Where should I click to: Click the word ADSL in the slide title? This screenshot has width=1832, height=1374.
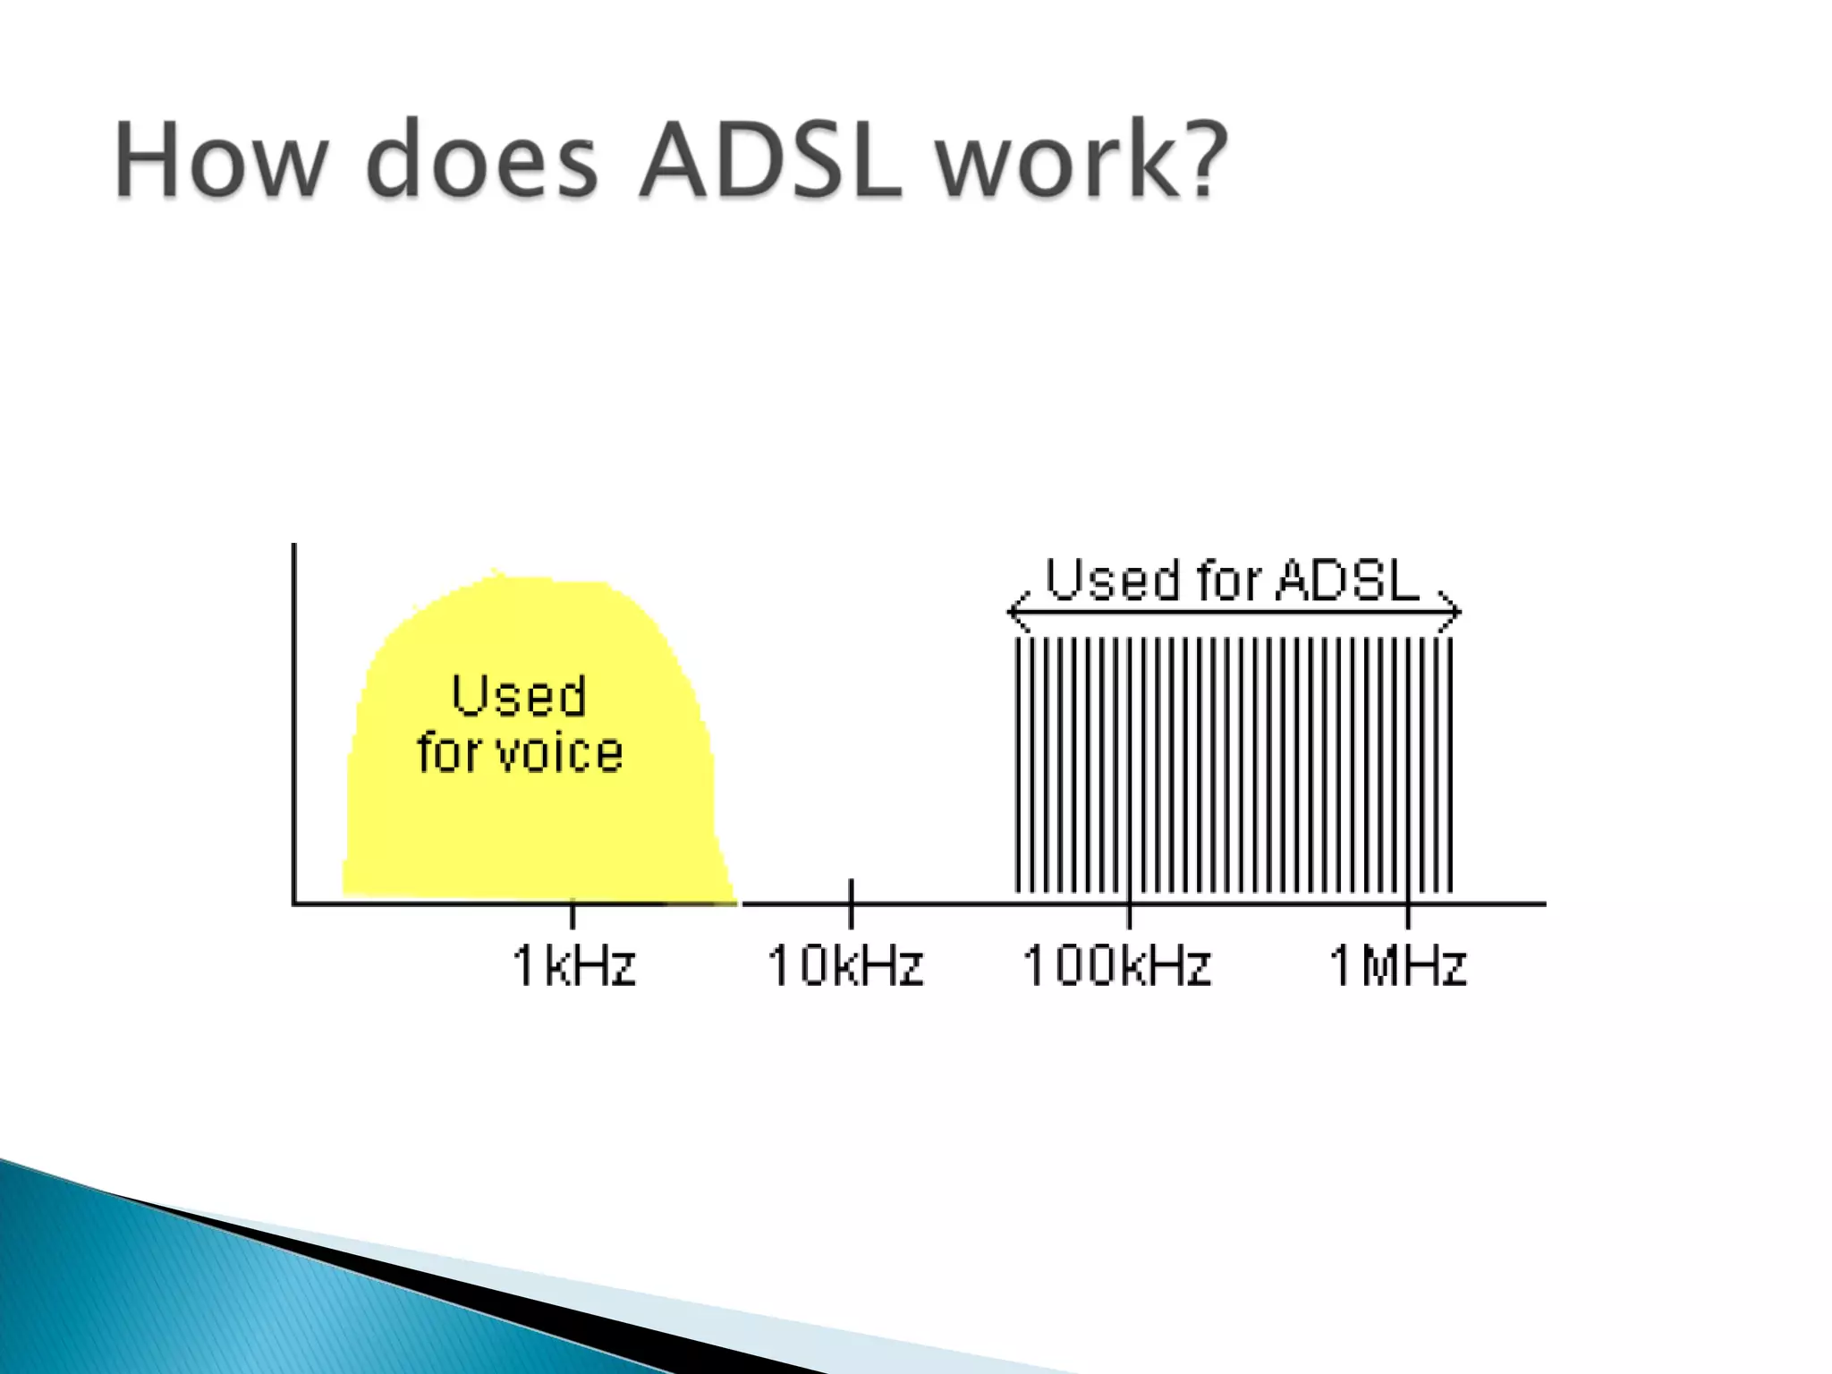point(770,161)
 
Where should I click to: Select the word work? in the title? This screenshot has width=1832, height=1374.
point(1081,161)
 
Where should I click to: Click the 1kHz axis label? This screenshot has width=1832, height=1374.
point(573,966)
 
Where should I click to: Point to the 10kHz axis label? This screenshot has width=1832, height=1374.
point(845,966)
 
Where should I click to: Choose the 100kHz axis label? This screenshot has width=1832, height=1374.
point(1117,966)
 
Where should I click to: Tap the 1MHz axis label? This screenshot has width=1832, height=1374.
point(1398,966)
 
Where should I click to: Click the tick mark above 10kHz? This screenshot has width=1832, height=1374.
point(851,891)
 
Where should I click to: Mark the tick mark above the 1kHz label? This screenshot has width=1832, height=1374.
point(572,914)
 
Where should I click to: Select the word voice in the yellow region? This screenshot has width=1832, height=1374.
point(560,752)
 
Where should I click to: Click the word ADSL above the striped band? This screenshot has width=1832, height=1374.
point(1348,580)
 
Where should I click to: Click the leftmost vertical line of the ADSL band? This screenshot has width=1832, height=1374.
point(1018,765)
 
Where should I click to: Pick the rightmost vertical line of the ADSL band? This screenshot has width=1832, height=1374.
point(1450,765)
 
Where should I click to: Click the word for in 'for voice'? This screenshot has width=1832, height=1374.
point(450,752)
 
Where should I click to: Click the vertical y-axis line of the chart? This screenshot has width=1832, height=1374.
point(294,716)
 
